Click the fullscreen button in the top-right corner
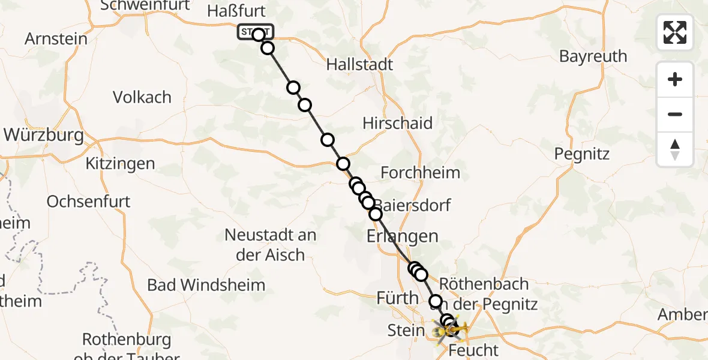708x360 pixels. pos(675,32)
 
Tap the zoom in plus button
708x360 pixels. pos(675,80)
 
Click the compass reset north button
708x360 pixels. pos(675,149)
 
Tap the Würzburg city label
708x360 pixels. pos(43,135)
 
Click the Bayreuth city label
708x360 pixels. pos(593,56)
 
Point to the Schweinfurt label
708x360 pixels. pos(145,6)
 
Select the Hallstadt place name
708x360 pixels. pos(359,65)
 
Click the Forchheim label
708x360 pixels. pos(421,173)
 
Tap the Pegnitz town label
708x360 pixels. pos(581,154)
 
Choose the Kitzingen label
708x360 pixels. pos(120,163)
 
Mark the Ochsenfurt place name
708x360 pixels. pos(88,201)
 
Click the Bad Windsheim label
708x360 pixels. pos(206,284)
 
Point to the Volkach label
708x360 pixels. pos(142,97)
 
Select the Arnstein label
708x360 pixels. pos(56,39)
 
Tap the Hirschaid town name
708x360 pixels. pos(397,124)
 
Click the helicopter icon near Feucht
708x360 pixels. pos(451,328)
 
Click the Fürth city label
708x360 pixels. pos(397,298)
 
